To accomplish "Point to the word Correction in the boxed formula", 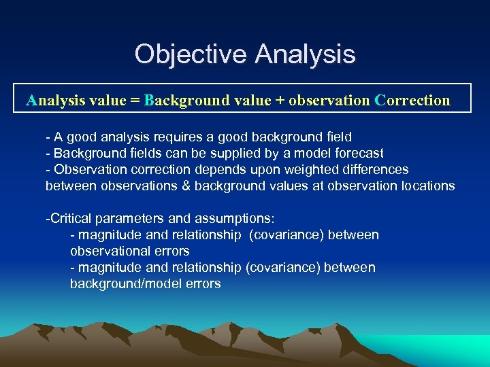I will pyautogui.click(x=412, y=101).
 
